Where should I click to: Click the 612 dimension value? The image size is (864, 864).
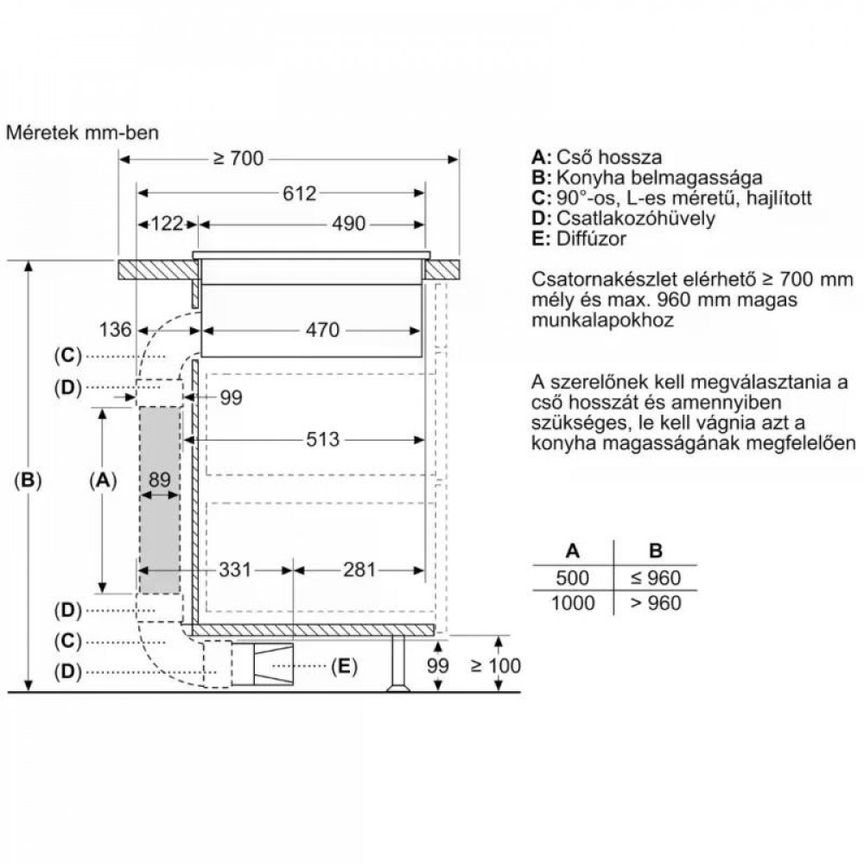tap(299, 194)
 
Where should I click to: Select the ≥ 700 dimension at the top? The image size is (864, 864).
tap(238, 159)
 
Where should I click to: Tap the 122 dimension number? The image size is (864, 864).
tap(167, 223)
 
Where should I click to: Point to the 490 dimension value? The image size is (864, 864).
tap(349, 223)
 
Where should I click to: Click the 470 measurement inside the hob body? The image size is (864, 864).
tap(322, 330)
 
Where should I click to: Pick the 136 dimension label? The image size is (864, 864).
tap(115, 329)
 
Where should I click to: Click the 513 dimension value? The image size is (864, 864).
tap(322, 439)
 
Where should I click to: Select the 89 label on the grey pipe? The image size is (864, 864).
tap(159, 480)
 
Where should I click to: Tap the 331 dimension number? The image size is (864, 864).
tap(235, 569)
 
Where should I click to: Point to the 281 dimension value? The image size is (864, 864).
tap(359, 569)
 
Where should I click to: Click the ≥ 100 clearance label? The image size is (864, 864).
tap(495, 665)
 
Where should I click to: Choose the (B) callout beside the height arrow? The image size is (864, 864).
tap(28, 480)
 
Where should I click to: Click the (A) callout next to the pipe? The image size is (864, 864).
tap(103, 480)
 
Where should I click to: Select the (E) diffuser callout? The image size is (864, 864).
tap(344, 666)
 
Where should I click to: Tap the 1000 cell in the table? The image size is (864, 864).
tap(573, 603)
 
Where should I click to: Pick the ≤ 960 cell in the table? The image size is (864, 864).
tap(656, 577)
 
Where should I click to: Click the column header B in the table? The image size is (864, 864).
tap(656, 550)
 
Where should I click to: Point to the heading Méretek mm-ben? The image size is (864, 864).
tap(82, 133)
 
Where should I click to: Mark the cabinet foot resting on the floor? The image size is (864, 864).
tap(397, 663)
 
